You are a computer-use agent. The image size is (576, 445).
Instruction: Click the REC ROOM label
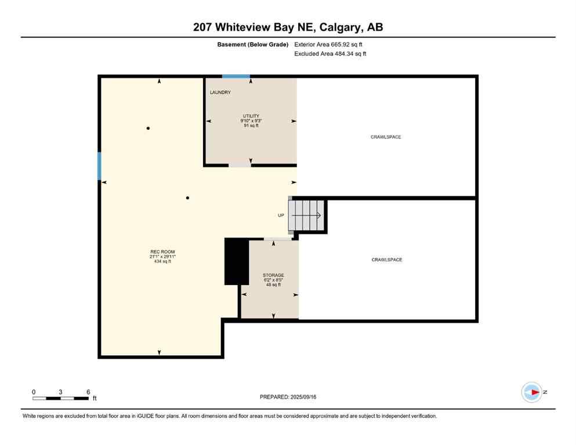pos(162,251)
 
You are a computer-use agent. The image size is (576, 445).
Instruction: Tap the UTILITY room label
pos(251,116)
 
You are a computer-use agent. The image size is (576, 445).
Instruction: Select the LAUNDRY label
pos(220,92)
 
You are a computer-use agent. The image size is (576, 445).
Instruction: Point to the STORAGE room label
pos(273,275)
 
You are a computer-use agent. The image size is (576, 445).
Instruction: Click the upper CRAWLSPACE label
pos(386,137)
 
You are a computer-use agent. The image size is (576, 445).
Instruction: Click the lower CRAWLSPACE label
pos(387,260)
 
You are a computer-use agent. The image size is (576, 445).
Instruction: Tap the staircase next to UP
pos(307,215)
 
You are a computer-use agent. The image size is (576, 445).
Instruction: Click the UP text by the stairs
pos(281,215)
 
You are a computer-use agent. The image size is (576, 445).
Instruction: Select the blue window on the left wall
pos(99,166)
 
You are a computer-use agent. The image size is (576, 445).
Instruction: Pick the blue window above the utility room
pos(236,76)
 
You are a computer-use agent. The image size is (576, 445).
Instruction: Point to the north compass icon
pos(531,392)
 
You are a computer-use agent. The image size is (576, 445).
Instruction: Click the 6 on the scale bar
pos(88,392)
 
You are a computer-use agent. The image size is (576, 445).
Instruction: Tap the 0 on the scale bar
pos(34,392)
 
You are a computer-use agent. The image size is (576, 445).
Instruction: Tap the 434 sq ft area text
pos(162,261)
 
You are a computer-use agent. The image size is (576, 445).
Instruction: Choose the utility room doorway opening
pos(240,165)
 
